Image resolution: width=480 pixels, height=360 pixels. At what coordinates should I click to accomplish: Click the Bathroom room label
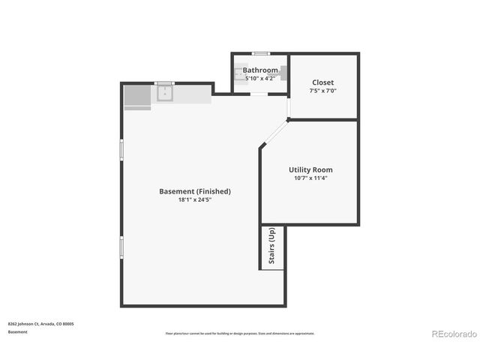point(259,70)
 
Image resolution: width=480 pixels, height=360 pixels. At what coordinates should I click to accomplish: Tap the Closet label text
point(322,82)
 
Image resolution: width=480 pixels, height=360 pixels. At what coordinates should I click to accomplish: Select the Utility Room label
point(310,169)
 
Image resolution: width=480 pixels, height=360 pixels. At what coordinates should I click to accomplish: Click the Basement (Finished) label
point(195,191)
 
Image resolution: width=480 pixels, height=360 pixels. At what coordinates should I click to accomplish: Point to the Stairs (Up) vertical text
point(271,246)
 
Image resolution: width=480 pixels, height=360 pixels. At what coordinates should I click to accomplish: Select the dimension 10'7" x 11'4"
point(310,178)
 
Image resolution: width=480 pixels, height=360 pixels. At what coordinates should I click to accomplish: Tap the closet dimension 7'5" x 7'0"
point(322,91)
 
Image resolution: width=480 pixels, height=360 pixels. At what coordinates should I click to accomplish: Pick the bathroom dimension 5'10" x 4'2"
point(259,78)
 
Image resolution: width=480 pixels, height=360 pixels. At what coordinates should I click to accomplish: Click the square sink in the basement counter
point(165,93)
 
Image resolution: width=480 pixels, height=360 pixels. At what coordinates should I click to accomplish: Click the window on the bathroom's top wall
point(260,53)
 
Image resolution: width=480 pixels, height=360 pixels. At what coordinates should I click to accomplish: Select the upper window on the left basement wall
point(121,149)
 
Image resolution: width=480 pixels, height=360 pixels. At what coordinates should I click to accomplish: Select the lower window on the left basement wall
point(121,247)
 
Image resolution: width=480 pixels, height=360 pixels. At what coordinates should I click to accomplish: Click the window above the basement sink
point(164,82)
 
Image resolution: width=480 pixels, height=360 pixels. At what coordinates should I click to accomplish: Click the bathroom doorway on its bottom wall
point(259,94)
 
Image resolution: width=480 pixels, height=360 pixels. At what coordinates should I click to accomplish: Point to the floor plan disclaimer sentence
point(240,334)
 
